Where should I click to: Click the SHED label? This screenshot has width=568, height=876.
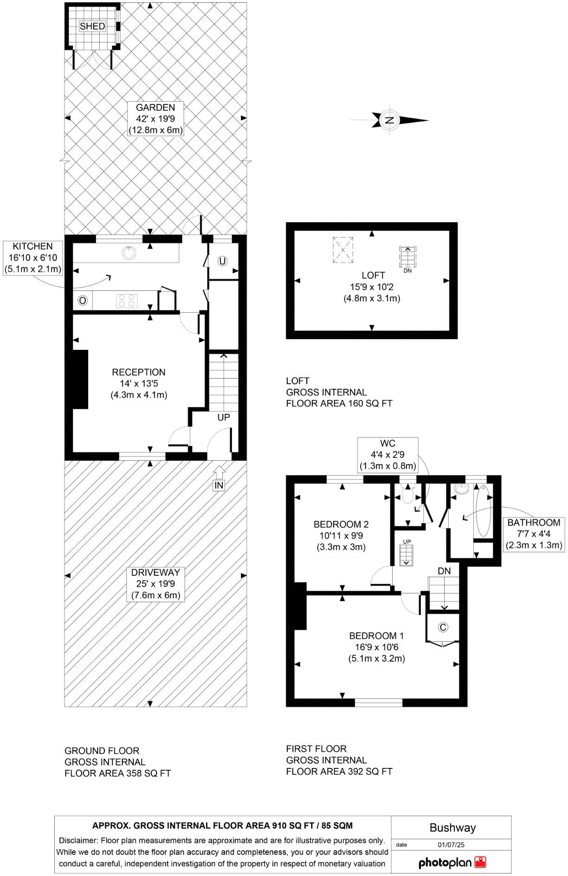[x=92, y=26]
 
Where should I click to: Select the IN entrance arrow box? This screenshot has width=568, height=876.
[x=219, y=485]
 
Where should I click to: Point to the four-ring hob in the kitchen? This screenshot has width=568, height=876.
[x=127, y=301]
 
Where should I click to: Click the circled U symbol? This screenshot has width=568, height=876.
[x=222, y=261]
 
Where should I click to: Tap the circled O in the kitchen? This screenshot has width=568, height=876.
[x=83, y=301]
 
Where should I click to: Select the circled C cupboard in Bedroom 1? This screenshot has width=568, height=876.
[x=443, y=627]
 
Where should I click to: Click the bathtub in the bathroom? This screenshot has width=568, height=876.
[x=484, y=510]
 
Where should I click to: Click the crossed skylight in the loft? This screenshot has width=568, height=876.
[x=343, y=250]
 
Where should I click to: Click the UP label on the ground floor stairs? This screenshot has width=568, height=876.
[x=224, y=417]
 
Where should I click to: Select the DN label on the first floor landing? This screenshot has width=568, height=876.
[x=444, y=571]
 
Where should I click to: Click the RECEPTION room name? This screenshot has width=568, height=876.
[x=139, y=372]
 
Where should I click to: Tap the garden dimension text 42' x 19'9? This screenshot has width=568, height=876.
[x=155, y=119]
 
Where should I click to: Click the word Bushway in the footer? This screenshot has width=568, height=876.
[x=452, y=828]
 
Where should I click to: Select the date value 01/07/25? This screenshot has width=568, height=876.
[x=451, y=845]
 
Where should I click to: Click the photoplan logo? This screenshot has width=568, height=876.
[x=452, y=863]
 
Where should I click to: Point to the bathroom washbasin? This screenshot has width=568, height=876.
[x=461, y=489]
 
